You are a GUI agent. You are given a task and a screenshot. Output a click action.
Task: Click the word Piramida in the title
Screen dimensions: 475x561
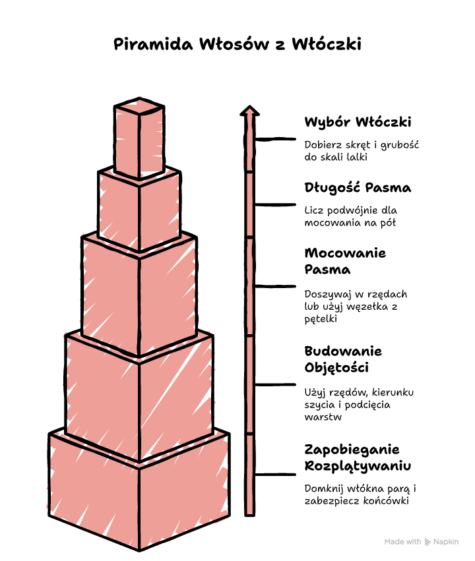153,44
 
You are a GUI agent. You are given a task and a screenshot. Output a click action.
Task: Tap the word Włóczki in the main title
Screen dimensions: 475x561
327,44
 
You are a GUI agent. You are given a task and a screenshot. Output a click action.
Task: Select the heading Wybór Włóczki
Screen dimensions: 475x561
358,122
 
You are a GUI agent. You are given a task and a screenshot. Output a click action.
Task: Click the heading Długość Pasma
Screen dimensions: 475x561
358,188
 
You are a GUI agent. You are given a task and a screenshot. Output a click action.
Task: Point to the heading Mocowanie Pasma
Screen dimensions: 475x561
346,261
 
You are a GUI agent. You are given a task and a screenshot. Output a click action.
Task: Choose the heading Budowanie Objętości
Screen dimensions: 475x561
343,359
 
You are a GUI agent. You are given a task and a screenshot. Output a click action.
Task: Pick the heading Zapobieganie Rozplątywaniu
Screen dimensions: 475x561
358,458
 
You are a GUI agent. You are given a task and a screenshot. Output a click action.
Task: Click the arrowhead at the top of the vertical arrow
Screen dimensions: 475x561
249,111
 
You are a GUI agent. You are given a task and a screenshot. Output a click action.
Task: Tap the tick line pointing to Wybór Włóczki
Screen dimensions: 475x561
275,139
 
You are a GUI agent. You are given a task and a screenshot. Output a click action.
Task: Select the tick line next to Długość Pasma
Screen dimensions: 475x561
275,204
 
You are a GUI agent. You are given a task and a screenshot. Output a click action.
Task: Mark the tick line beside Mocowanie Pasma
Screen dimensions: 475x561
275,286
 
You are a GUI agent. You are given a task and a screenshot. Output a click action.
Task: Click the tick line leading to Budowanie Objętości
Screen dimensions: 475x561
275,384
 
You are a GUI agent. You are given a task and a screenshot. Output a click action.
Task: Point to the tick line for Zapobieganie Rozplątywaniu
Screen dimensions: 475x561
275,475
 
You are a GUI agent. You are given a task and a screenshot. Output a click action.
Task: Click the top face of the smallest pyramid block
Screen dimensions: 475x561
139,106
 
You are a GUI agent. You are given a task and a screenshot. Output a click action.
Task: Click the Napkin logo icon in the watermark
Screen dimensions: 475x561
427,542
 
